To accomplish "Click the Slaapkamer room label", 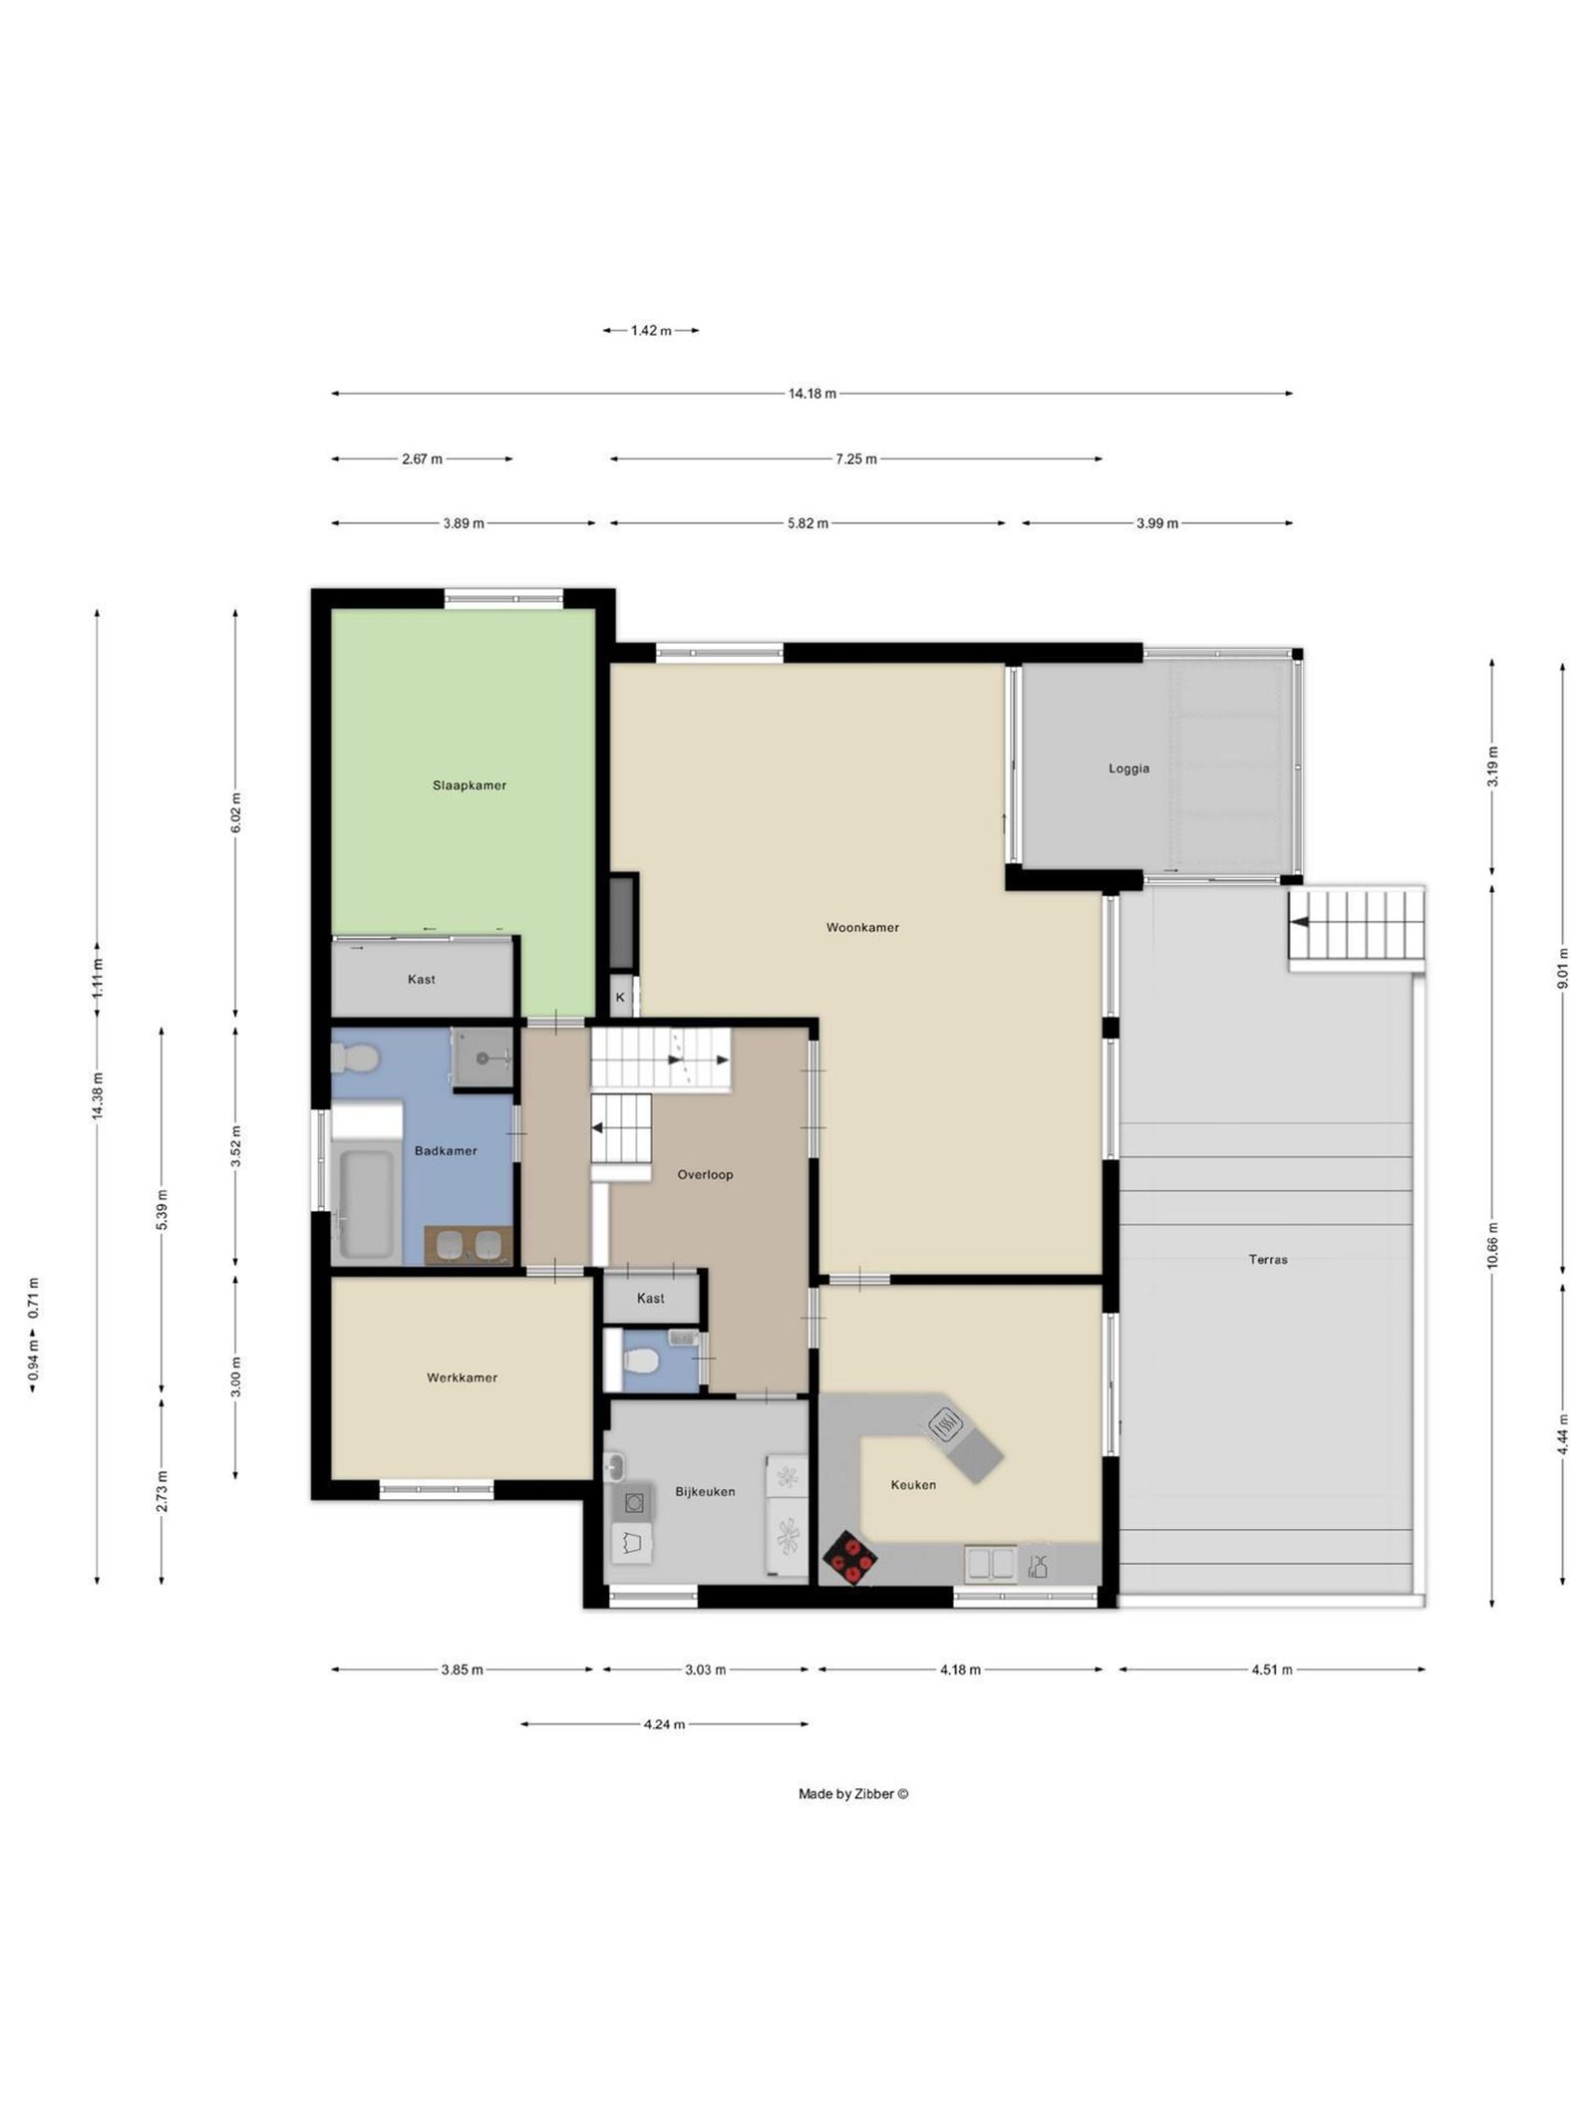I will tap(469, 785).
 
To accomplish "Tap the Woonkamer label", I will tap(862, 927).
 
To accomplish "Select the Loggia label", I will tap(1128, 768).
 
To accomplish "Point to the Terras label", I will tap(1267, 1259).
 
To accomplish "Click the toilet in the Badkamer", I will tap(354, 1058).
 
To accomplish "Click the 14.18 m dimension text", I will tap(811, 394).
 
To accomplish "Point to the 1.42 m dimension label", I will tap(650, 331).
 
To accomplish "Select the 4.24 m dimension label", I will tap(664, 1724).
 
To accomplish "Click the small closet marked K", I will tap(620, 997).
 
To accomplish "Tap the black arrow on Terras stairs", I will tap(1299, 922).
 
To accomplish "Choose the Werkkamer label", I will tap(462, 1377).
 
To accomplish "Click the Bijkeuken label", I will tap(705, 1492).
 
